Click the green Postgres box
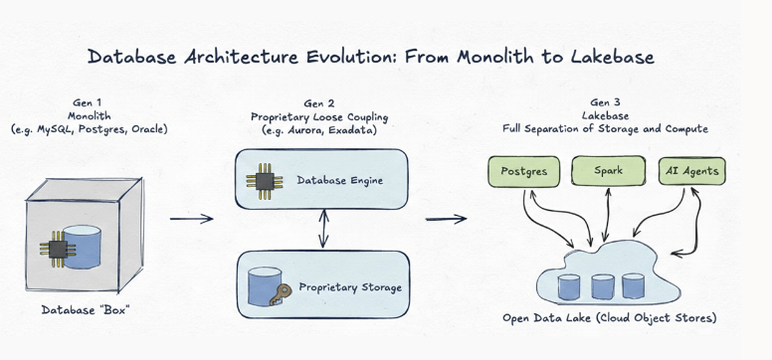[524, 172]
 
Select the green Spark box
[608, 171]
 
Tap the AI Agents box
[691, 171]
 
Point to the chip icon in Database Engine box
[265, 182]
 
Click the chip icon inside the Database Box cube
[58, 249]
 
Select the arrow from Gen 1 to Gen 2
[192, 218]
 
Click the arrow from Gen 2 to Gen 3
[446, 219]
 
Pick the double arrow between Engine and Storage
[323, 228]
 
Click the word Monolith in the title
[494, 57]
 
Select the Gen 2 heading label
[318, 103]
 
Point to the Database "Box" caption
[87, 310]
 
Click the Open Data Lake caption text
[610, 318]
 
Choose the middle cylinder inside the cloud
[603, 287]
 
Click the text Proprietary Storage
[350, 287]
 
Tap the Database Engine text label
[339, 181]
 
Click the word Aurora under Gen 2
[299, 130]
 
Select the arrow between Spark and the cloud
[607, 214]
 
